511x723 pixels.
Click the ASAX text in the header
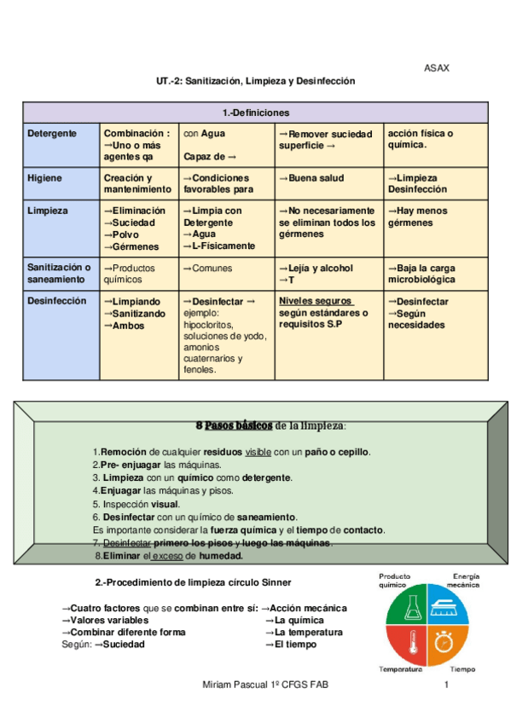(x=437, y=68)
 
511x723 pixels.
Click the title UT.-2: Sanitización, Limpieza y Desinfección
(x=255, y=81)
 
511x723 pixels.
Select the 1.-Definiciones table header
(x=255, y=113)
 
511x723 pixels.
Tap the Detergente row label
(x=52, y=134)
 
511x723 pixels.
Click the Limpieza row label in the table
(x=47, y=211)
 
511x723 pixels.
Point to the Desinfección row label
(x=57, y=301)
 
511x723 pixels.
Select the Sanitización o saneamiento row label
(x=59, y=273)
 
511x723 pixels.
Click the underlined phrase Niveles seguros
(x=316, y=301)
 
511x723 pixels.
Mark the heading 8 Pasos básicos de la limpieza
(x=271, y=425)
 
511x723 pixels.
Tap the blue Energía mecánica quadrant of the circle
(x=447, y=606)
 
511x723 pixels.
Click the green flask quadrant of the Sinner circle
(x=409, y=606)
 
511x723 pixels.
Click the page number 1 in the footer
(x=446, y=685)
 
